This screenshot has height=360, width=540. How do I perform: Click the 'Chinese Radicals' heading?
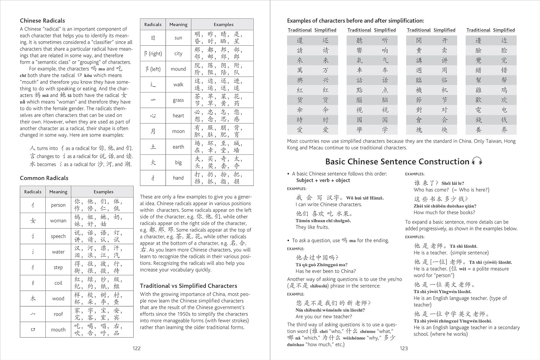click(x=42, y=21)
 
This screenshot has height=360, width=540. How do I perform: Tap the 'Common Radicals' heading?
click(x=44, y=178)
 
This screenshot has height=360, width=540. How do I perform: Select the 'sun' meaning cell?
click(x=178, y=38)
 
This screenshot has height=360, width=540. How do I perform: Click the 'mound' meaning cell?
click(x=178, y=69)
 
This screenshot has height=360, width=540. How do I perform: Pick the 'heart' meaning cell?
click(x=178, y=116)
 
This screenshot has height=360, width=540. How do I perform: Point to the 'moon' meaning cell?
click(x=178, y=131)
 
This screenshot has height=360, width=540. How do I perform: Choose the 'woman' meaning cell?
click(x=58, y=221)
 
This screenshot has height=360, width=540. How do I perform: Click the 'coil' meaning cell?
click(x=58, y=283)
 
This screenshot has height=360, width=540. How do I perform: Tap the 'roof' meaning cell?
click(x=58, y=314)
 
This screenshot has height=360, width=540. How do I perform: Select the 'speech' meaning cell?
click(x=58, y=236)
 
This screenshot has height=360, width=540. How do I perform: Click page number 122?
click(x=136, y=348)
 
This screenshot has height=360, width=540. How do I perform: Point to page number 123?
click(x=404, y=348)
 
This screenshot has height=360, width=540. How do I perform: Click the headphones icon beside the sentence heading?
click(x=477, y=161)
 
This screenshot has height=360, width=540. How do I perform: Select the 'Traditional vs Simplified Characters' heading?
click(x=189, y=286)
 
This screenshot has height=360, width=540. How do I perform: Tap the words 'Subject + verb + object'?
click(x=323, y=180)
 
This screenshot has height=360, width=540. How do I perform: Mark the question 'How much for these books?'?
click(x=444, y=212)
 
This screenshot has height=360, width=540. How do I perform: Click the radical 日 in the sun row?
click(x=153, y=38)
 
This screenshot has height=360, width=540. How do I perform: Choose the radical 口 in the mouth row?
click(x=33, y=329)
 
